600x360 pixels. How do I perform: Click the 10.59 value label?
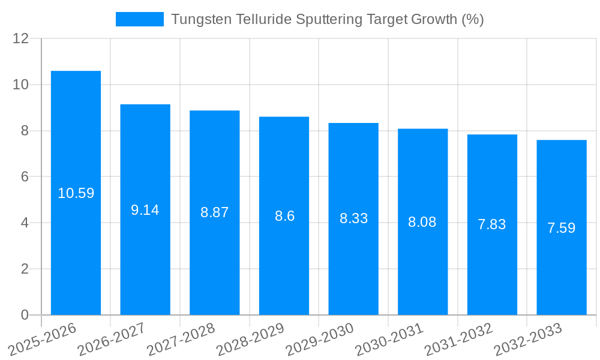pyautogui.click(x=76, y=193)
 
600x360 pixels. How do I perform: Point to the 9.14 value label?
pyautogui.click(x=145, y=210)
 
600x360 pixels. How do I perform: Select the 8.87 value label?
pyautogui.click(x=215, y=212)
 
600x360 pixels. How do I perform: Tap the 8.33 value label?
pyautogui.click(x=354, y=218)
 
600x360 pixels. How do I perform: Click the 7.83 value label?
pyautogui.click(x=492, y=224)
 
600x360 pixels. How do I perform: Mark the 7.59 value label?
pyautogui.click(x=562, y=228)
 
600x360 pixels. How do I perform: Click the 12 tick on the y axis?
pyautogui.click(x=21, y=39)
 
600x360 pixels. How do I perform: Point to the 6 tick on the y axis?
pyautogui.click(x=25, y=177)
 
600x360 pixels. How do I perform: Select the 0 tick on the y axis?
pyautogui.click(x=25, y=315)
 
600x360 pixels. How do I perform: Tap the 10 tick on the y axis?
pyautogui.click(x=21, y=85)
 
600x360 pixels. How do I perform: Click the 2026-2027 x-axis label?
pyautogui.click(x=112, y=338)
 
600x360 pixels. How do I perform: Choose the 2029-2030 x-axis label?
pyautogui.click(x=320, y=338)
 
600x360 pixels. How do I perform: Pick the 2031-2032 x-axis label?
pyautogui.click(x=458, y=338)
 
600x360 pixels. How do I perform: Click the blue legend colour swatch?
pyautogui.click(x=140, y=19)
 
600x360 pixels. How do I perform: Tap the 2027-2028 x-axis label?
pyautogui.click(x=181, y=338)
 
